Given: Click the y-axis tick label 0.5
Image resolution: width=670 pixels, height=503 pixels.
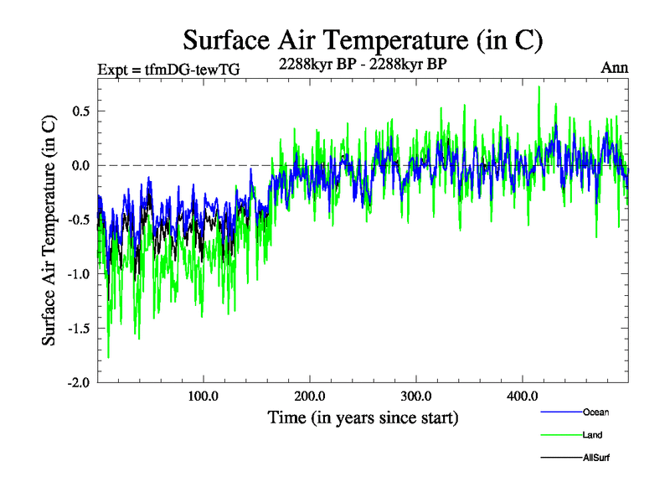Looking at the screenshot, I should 80,111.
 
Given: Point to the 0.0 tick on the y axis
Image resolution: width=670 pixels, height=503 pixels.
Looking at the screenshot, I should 80,165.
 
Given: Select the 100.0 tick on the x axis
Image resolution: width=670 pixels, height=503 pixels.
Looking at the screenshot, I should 204,397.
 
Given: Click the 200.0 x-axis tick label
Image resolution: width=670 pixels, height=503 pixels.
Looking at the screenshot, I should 310,397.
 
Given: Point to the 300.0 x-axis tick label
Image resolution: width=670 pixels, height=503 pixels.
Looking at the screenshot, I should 416,397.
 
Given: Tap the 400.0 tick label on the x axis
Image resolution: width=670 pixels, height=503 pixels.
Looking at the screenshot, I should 523,397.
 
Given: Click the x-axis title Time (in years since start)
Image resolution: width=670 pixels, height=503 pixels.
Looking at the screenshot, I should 363,417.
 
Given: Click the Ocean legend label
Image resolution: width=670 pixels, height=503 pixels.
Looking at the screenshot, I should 595,412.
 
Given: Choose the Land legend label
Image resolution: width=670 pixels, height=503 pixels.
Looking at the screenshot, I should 592,435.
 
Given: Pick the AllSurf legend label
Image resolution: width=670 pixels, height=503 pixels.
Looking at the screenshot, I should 597,458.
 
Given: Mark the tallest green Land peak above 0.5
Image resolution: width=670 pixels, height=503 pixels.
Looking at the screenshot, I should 539,88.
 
